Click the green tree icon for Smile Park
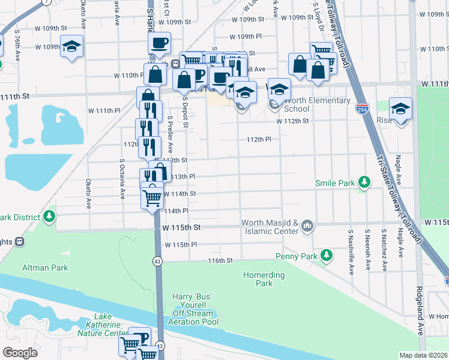[363, 182]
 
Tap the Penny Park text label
[296, 256]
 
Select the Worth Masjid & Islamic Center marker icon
[308, 226]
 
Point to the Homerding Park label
[264, 279]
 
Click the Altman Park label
[45, 268]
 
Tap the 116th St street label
[220, 261]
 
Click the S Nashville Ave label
[350, 251]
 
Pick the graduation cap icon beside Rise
[400, 109]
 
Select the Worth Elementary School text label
[305, 104]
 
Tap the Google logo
[20, 352]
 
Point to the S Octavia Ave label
[122, 178]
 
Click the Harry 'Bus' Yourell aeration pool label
[193, 305]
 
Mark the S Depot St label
[186, 113]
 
